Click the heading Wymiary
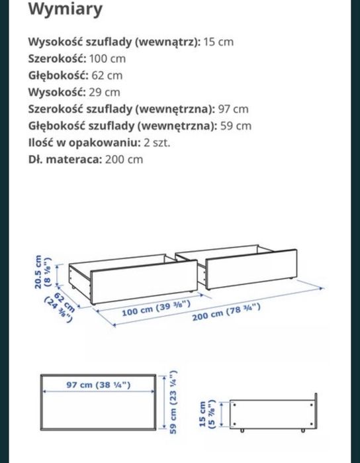pos(65,10)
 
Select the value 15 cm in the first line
pos(218,42)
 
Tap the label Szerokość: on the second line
pos(58,58)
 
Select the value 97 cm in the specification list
pos(234,109)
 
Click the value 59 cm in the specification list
pos(237,126)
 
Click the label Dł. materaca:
pos(64,159)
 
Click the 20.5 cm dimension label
pos(42,272)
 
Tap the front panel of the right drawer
pos(247,269)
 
